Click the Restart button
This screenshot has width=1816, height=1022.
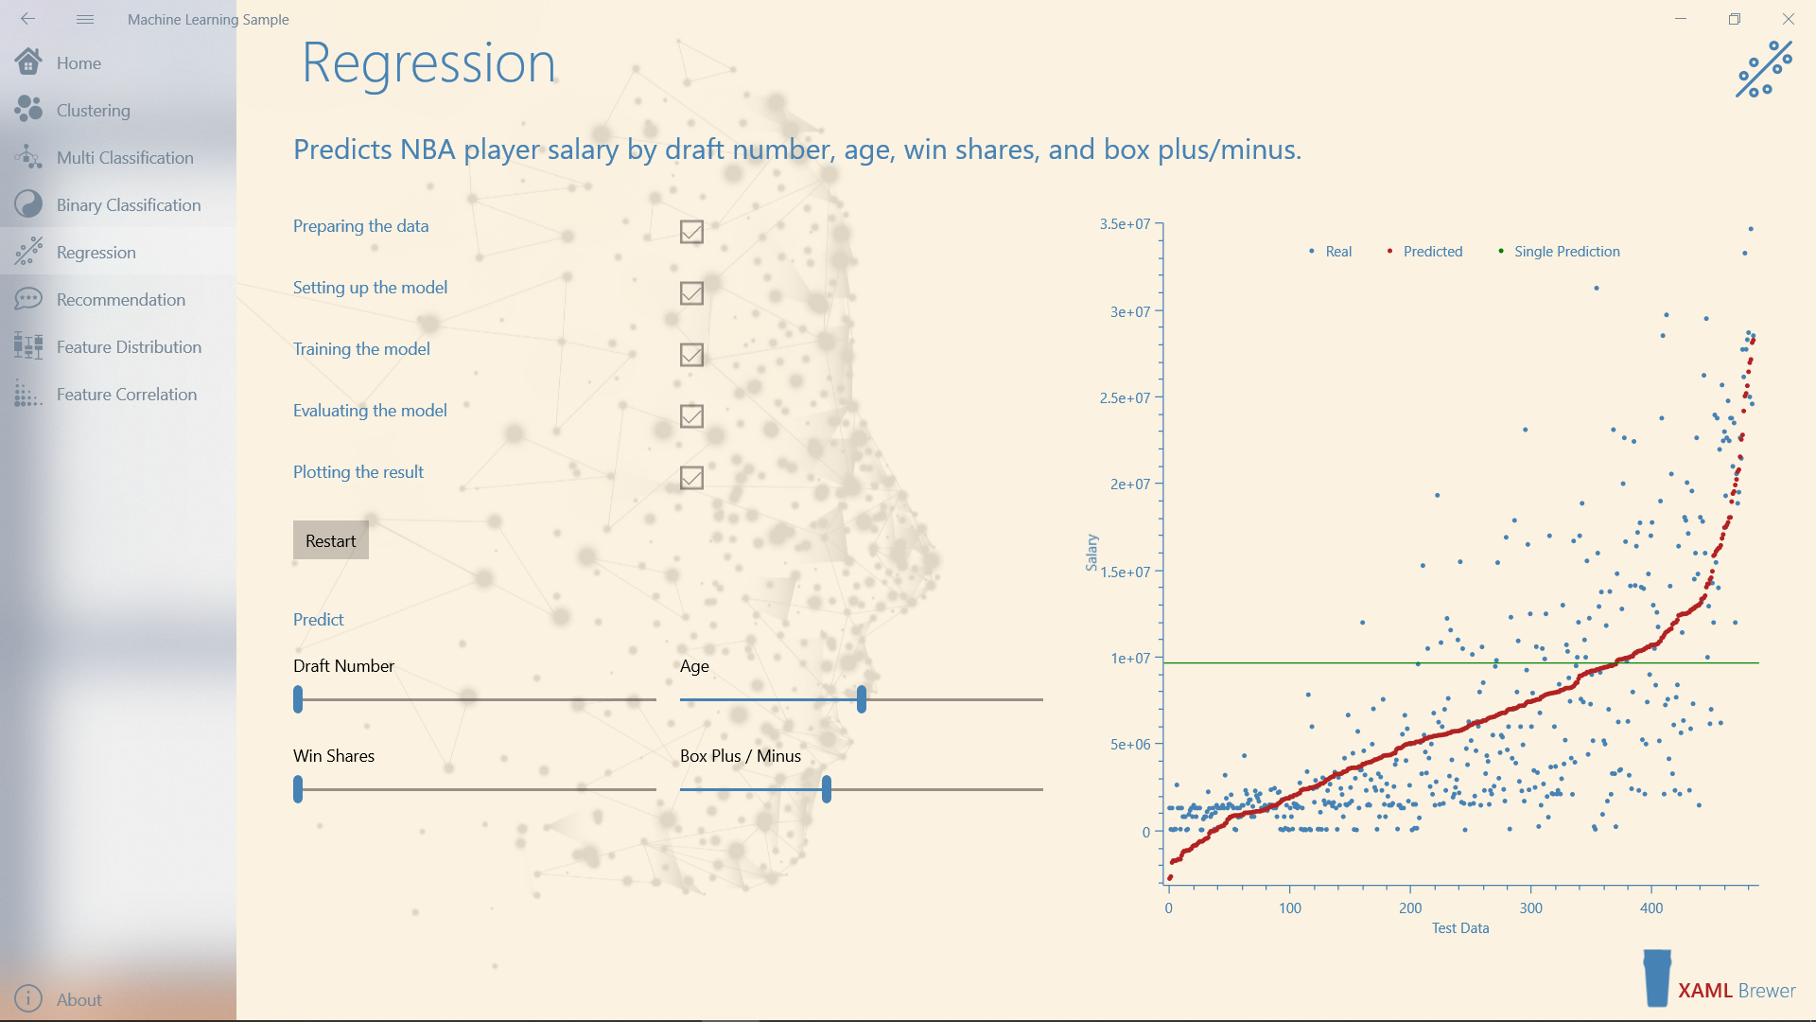tap(330, 540)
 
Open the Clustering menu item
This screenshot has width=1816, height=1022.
tap(93, 111)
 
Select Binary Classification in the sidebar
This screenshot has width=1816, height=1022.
tap(128, 205)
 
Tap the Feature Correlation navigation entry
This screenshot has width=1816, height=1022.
tap(126, 395)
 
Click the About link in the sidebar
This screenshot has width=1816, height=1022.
tap(79, 999)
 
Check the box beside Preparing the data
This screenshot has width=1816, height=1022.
tap(691, 232)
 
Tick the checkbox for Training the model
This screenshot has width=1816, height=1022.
tap(691, 355)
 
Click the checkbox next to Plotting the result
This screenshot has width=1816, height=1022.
tap(691, 478)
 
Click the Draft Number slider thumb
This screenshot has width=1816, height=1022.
tap(298, 699)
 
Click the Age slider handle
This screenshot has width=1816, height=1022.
tap(862, 699)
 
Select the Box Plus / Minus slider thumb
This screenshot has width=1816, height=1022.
tap(827, 789)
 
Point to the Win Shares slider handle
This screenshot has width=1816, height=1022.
tap(298, 789)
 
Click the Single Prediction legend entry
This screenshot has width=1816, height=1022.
tap(1566, 252)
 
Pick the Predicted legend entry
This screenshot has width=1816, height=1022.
tap(1432, 252)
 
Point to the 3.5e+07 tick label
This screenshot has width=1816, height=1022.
tap(1125, 224)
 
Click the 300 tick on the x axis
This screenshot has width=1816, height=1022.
tap(1530, 908)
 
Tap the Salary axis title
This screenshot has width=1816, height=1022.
tap(1091, 553)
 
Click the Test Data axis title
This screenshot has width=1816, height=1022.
tap(1460, 928)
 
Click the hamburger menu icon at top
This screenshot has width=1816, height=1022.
tap(85, 19)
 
